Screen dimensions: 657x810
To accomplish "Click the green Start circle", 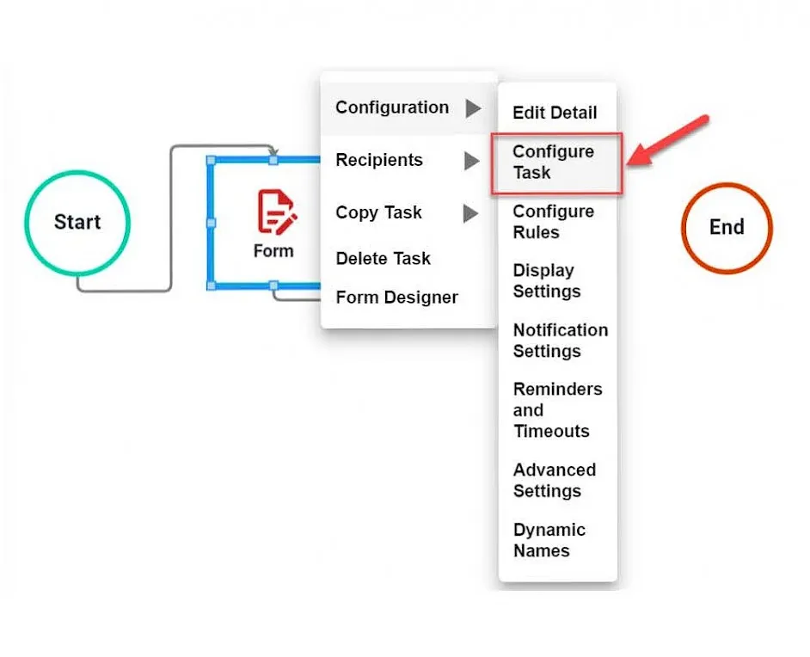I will pyautogui.click(x=77, y=222).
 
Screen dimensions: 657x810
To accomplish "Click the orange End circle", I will pyautogui.click(x=727, y=227).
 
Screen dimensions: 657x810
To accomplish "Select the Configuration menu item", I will pyautogui.click(x=392, y=107).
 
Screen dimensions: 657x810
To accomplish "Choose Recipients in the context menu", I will pyautogui.click(x=379, y=160).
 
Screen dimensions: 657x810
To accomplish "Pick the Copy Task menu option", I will pyautogui.click(x=379, y=212).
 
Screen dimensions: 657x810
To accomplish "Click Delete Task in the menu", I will pyautogui.click(x=384, y=258).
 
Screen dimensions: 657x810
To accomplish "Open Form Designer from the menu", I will pyautogui.click(x=397, y=298).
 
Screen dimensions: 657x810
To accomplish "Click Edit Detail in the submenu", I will pyautogui.click(x=555, y=113).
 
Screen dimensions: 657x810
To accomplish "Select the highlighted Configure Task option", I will pyautogui.click(x=555, y=162).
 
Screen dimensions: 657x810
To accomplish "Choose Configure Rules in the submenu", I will pyautogui.click(x=554, y=222).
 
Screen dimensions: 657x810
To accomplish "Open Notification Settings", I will pyautogui.click(x=560, y=341).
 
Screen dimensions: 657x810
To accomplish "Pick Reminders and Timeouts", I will pyautogui.click(x=557, y=410).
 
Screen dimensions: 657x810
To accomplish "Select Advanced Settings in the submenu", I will pyautogui.click(x=555, y=481).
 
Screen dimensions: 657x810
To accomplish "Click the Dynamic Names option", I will pyautogui.click(x=549, y=540).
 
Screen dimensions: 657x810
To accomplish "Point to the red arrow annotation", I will pyautogui.click(x=670, y=140).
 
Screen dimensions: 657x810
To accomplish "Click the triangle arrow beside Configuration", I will pyautogui.click(x=472, y=108).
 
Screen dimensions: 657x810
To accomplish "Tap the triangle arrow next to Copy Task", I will pyautogui.click(x=470, y=213).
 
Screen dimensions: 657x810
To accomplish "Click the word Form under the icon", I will pyautogui.click(x=273, y=251).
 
